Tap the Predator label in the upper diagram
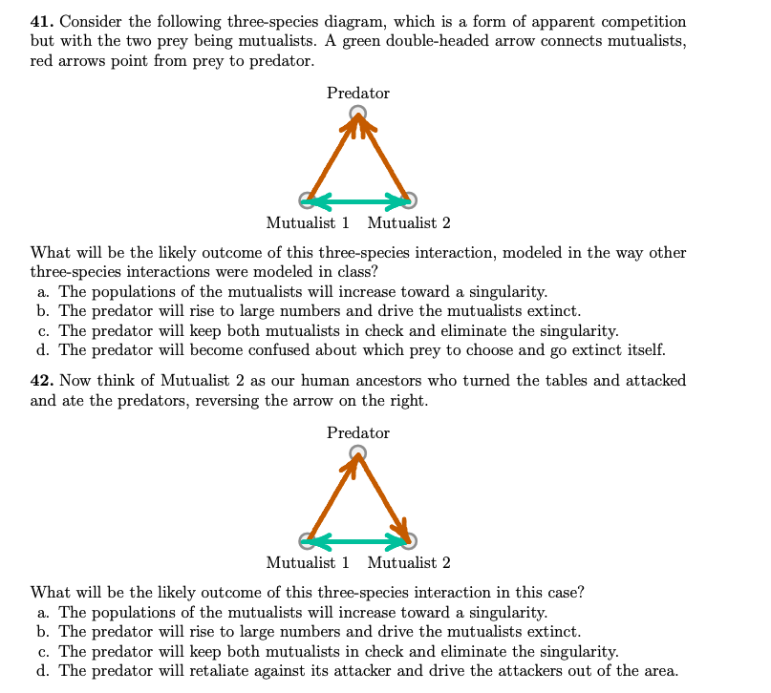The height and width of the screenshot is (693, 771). [x=357, y=93]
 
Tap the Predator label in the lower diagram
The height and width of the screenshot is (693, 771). [x=357, y=432]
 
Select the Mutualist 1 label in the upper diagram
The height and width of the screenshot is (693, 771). [x=308, y=223]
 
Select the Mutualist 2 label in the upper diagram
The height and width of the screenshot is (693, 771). [x=409, y=223]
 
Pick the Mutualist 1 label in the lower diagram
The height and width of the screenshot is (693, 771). [x=308, y=563]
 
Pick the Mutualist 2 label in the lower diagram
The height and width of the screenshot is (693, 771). [x=409, y=563]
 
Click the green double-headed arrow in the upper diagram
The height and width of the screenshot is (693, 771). [x=357, y=200]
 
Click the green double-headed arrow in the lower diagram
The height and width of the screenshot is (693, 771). [x=357, y=541]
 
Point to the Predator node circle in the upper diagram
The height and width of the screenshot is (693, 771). [x=357, y=114]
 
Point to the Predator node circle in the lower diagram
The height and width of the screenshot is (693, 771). [x=357, y=452]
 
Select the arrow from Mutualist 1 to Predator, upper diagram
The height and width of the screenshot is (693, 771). [x=332, y=157]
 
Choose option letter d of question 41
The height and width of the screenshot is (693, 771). [x=42, y=350]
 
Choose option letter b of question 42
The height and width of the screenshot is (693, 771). [x=42, y=632]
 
